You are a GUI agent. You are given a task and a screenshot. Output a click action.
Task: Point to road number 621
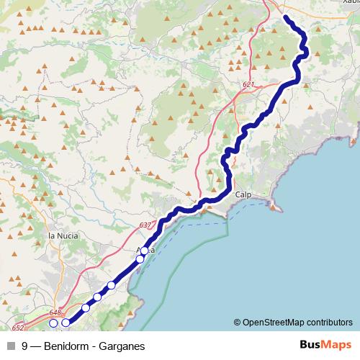tap(248, 85)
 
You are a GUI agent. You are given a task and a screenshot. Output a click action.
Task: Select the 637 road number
tap(145, 225)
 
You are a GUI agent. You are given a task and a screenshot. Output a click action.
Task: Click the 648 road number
tap(55, 312)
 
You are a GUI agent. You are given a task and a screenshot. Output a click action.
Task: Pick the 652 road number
tap(18, 328)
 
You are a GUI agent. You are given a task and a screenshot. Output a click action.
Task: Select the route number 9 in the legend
tap(25, 346)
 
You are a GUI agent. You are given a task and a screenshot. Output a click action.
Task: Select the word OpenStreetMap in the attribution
tap(277, 322)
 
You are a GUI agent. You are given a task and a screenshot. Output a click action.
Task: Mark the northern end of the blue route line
tap(286, 17)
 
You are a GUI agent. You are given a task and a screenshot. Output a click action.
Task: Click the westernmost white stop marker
tap(53, 323)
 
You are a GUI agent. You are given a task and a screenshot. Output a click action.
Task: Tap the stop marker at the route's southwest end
tap(66, 323)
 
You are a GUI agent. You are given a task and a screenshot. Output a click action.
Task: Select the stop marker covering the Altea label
tap(144, 251)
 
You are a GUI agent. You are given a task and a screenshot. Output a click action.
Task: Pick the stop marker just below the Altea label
tap(140, 258)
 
